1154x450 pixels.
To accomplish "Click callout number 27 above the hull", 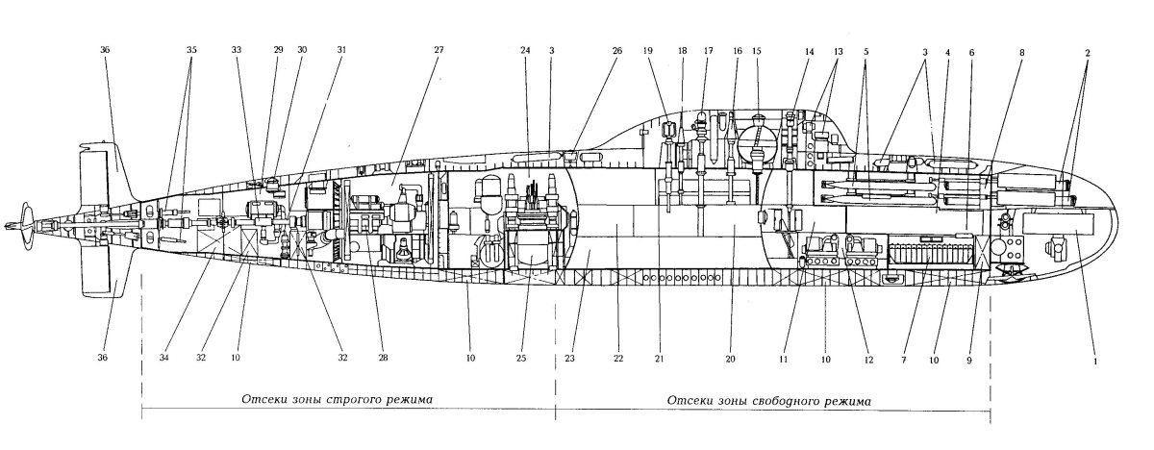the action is coord(439,50).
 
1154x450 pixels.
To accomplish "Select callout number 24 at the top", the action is coord(525,50).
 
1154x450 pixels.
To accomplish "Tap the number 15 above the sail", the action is coord(756,51).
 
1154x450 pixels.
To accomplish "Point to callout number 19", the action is coord(647,50).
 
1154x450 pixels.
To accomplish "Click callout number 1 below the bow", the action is coord(1095,362).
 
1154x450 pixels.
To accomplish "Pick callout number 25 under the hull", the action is coord(521,358).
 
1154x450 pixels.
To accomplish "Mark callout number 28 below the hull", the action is coord(383,358).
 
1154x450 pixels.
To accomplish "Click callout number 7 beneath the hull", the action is coord(904,360).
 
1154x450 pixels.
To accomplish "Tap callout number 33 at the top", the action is coord(237,50).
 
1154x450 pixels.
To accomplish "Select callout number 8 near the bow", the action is coord(1022,52).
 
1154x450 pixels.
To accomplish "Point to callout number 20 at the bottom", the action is coord(730,359).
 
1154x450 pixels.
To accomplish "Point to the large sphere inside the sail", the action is coord(756,146).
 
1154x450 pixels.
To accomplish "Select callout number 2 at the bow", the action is coord(1088,53).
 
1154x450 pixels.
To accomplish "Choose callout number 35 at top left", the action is coord(191,50).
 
